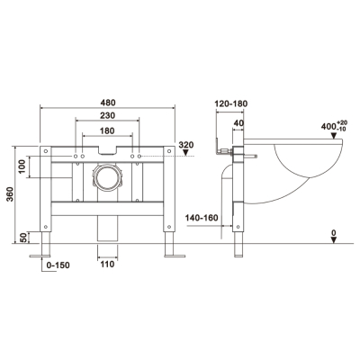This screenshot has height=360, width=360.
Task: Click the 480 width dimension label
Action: point(108,103)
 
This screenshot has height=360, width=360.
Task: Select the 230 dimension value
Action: point(108,115)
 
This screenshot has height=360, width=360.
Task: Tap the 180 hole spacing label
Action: point(107,130)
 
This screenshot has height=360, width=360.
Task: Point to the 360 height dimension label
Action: point(10,194)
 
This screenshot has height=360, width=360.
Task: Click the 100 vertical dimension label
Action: point(22,166)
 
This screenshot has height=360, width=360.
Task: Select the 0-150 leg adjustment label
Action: point(58,265)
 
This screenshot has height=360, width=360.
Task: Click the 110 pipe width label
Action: point(107,265)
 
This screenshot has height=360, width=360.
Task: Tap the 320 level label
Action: point(186,145)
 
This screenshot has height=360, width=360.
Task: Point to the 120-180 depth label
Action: point(231,103)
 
